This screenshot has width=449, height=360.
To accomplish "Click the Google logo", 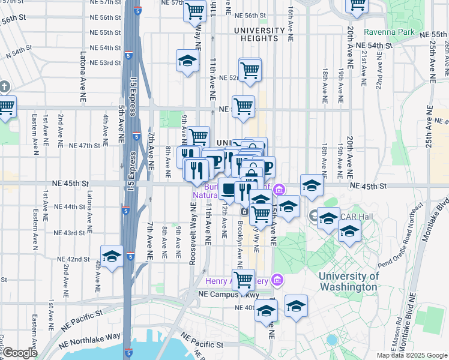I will pyautogui.click(x=20, y=353).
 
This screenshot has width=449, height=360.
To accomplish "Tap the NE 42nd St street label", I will pyautogui.click(x=73, y=259).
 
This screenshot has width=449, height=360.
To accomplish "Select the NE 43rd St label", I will pyautogui.click(x=74, y=233).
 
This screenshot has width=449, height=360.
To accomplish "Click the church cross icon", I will pyautogui.click(x=2, y=86).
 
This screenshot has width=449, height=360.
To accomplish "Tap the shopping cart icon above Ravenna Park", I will pyautogui.click(x=358, y=6).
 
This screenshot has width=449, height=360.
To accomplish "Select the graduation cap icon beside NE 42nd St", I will pyautogui.click(x=112, y=257).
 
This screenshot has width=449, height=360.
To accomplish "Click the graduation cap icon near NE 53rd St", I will pyautogui.click(x=187, y=61).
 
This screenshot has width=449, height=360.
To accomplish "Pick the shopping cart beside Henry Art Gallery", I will pyautogui.click(x=243, y=278).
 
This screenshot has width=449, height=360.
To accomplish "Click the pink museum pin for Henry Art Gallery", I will pyautogui.click(x=277, y=280).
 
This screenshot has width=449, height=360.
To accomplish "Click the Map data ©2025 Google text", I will pyautogui.click(x=411, y=355).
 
